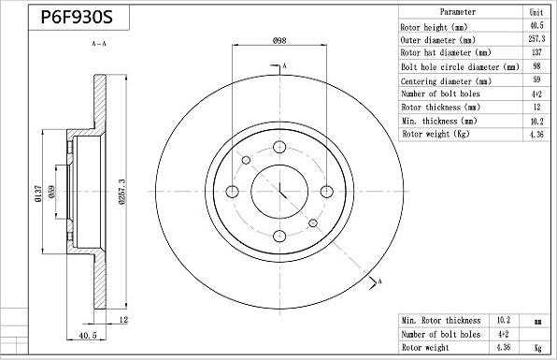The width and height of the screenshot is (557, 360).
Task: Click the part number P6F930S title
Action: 80,18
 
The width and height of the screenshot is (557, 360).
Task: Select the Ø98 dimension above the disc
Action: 278,40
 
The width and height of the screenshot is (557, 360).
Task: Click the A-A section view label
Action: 98,44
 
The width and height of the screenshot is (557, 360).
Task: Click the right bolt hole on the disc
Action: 326,192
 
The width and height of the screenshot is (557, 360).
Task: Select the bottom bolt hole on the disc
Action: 280,238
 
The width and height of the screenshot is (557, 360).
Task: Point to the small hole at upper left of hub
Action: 246,161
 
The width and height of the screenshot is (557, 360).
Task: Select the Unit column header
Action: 536,12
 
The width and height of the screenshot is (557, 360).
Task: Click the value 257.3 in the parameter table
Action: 536,40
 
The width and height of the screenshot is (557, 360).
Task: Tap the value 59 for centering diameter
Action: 536,80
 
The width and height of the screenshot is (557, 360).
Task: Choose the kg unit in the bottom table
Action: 536,347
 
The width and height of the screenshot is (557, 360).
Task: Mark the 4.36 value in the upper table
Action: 536,135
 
